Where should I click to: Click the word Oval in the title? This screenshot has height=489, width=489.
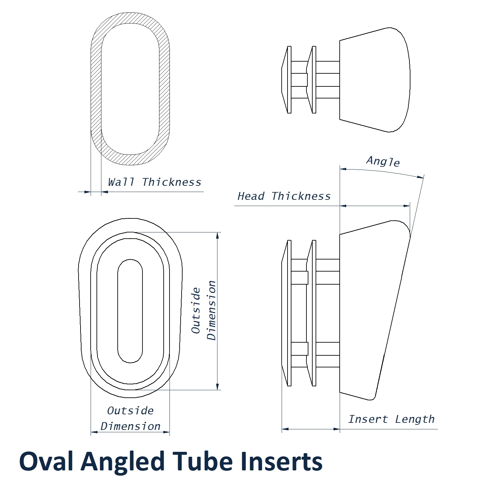pos(46,462)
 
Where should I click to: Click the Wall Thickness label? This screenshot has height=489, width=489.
pos(155,182)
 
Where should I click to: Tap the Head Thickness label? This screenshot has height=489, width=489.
pos(284,196)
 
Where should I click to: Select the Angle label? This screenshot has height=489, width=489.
pos(383,161)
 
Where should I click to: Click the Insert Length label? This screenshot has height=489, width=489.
pos(391,419)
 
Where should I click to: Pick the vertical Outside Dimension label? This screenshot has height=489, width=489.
pos(204,310)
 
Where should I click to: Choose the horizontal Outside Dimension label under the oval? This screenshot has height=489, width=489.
pos(130,419)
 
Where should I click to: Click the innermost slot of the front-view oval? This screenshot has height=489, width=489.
pos(130,311)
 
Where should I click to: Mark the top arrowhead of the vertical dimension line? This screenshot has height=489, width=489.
pos(217,235)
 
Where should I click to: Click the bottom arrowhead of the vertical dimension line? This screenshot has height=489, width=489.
pos(217,387)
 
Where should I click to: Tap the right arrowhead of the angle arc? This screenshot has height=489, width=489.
pos(421,177)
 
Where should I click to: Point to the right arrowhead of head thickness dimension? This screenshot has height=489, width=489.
pos(407,206)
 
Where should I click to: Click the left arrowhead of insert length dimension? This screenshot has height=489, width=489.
pos(285,429)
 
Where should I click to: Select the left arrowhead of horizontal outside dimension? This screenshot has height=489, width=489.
pos(94,432)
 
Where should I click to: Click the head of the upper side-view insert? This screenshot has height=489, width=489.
pos(375,80)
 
